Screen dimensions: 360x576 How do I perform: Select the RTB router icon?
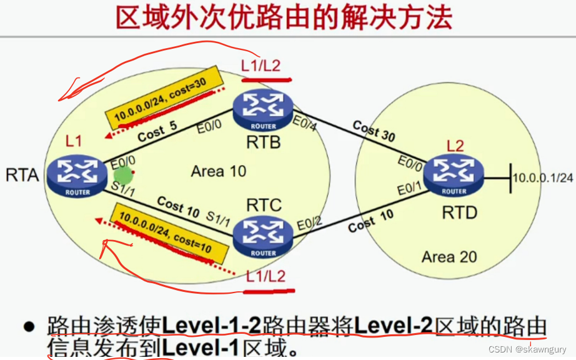(263, 110)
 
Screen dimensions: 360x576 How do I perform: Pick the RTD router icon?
(454, 175)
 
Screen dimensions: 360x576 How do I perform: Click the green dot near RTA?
(123, 175)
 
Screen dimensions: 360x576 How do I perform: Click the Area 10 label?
(219, 171)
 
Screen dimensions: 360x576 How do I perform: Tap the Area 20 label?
(449, 256)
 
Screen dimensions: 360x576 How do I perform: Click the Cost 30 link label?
(374, 131)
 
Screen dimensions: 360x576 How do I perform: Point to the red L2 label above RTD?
(455, 146)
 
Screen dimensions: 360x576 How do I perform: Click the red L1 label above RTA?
(74, 142)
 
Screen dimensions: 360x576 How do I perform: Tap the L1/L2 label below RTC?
(266, 275)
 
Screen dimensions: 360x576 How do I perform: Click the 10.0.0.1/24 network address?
(542, 177)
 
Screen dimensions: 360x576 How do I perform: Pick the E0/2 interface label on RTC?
(310, 221)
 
